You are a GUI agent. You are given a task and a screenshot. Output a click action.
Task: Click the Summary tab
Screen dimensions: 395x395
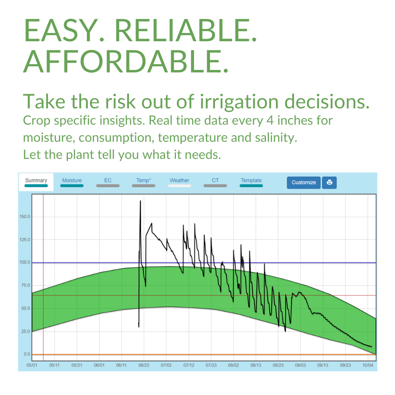(x=36, y=182)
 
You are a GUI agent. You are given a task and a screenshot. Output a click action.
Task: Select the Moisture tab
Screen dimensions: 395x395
(x=72, y=182)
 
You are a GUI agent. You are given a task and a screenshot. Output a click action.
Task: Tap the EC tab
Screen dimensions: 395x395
(x=108, y=182)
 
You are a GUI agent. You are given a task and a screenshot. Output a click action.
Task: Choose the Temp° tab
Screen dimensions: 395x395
(x=144, y=182)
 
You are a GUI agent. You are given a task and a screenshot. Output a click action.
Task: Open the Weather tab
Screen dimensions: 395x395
(x=180, y=182)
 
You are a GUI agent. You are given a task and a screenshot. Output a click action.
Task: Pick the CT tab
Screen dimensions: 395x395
(x=215, y=182)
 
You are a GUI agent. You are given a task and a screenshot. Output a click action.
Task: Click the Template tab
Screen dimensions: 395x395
(x=251, y=182)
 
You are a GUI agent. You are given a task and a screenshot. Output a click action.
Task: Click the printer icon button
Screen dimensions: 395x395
(x=329, y=183)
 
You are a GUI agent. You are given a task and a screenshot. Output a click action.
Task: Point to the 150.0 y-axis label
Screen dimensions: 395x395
(x=25, y=217)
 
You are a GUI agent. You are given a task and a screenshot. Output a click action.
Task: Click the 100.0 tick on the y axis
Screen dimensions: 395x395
(x=25, y=262)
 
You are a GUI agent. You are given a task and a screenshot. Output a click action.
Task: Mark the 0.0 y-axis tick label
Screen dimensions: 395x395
(x=27, y=354)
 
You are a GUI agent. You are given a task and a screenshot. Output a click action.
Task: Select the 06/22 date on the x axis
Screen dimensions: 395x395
(x=144, y=365)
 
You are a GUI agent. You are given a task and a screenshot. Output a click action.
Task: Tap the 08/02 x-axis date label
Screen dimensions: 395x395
(x=233, y=365)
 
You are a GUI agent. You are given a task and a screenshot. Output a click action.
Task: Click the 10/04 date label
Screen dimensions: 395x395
(x=367, y=365)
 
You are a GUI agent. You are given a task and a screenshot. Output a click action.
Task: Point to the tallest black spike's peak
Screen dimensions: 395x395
(x=140, y=201)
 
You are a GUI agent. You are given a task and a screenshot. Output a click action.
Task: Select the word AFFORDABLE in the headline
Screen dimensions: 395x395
(x=126, y=61)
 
